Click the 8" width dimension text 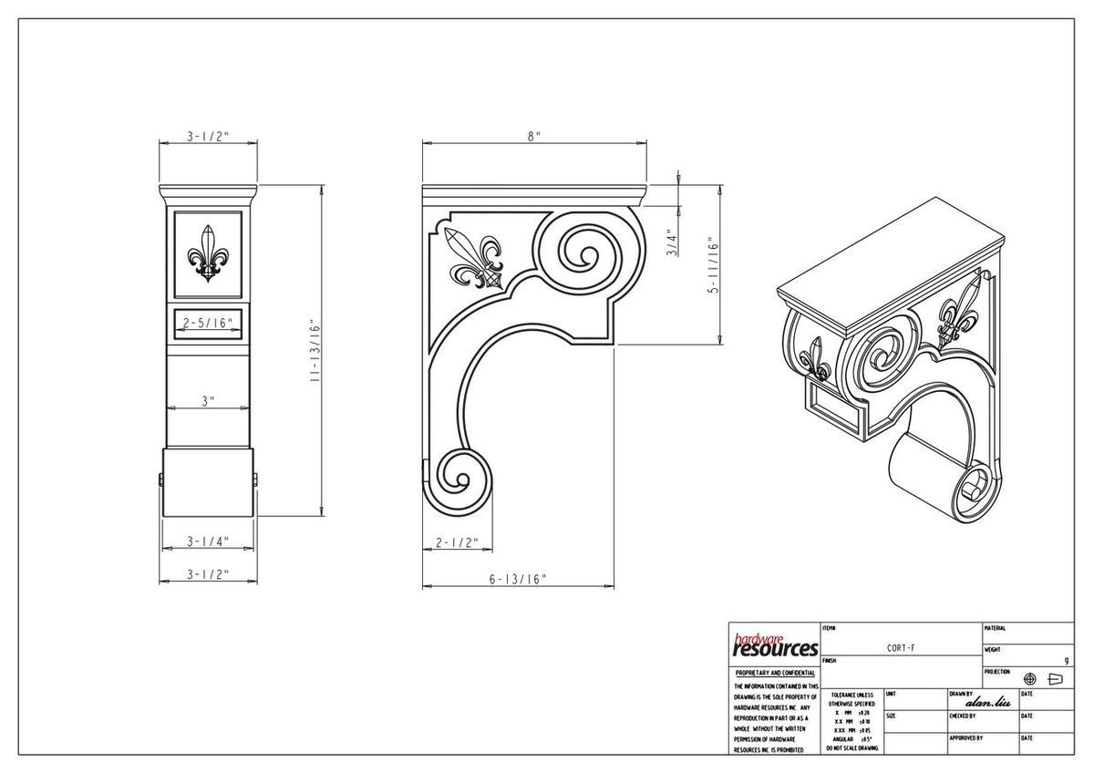(533, 136)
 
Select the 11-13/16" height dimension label (315, 350)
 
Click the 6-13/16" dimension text (517, 579)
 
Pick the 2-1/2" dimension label (457, 543)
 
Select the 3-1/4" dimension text (208, 541)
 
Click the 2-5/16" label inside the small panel (208, 323)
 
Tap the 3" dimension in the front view (208, 400)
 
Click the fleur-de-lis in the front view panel (208, 253)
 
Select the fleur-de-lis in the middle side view (475, 260)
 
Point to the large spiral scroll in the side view (580, 253)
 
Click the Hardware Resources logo (774, 645)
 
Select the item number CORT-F (901, 648)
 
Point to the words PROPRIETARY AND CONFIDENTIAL (774, 673)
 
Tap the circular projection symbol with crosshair (1030, 679)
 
